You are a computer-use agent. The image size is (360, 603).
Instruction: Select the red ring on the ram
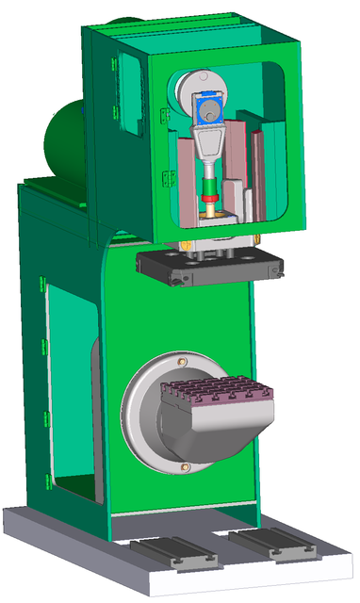click(x=210, y=200)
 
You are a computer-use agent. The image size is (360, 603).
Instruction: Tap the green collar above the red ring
click(x=210, y=192)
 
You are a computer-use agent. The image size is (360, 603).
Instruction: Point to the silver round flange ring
click(x=141, y=415)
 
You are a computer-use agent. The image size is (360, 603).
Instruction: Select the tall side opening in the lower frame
click(x=71, y=386)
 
